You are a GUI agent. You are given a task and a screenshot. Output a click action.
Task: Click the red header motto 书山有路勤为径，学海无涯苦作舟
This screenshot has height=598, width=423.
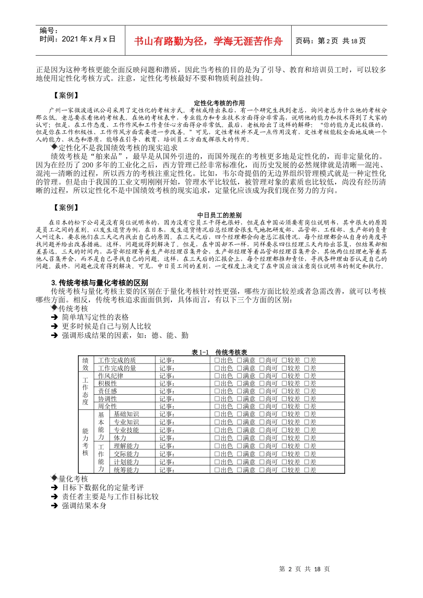click(x=208, y=41)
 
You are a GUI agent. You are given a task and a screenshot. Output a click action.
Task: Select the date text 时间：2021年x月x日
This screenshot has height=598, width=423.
click(x=77, y=39)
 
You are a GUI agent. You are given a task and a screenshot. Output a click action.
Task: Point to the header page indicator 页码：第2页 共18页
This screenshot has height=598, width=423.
click(x=330, y=41)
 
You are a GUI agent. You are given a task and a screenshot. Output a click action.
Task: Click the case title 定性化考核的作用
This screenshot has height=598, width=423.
click(x=220, y=103)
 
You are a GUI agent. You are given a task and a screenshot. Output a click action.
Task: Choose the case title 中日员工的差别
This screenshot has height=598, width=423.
click(x=220, y=215)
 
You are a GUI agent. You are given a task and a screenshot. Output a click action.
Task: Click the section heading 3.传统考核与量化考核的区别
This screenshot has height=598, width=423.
click(x=100, y=283)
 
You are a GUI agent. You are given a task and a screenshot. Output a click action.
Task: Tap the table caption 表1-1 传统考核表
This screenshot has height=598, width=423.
click(x=219, y=352)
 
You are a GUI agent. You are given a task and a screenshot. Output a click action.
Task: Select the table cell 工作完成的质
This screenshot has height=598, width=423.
click(x=117, y=360)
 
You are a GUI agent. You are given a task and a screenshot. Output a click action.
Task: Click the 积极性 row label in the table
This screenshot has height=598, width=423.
click(x=108, y=384)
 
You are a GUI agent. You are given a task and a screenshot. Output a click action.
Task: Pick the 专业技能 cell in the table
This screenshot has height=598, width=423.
click(x=126, y=430)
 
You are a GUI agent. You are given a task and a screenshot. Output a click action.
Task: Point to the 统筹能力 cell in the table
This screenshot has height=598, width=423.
click(x=126, y=470)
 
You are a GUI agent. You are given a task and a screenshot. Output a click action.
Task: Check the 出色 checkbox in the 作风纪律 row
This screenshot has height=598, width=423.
click(x=217, y=376)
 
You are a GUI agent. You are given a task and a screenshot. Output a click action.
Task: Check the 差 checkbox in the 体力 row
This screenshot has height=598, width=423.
click(x=307, y=438)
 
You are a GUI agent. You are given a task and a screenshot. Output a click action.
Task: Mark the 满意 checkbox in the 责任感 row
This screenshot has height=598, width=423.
click(x=240, y=392)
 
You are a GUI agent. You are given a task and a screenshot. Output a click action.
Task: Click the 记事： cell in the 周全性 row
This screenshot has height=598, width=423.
click(x=167, y=407)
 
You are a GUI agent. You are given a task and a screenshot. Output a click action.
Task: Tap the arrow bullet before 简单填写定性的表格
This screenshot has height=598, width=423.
click(x=54, y=317)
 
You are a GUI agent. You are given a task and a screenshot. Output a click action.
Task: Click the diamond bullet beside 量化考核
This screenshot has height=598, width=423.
click(x=54, y=478)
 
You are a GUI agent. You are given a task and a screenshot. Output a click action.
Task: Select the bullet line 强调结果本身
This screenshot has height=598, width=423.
click(x=84, y=506)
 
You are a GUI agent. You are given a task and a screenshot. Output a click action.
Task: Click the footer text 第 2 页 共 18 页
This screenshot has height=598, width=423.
click(x=304, y=569)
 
